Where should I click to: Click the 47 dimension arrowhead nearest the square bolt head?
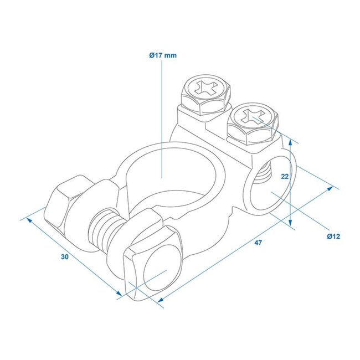(x=160, y=302)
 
